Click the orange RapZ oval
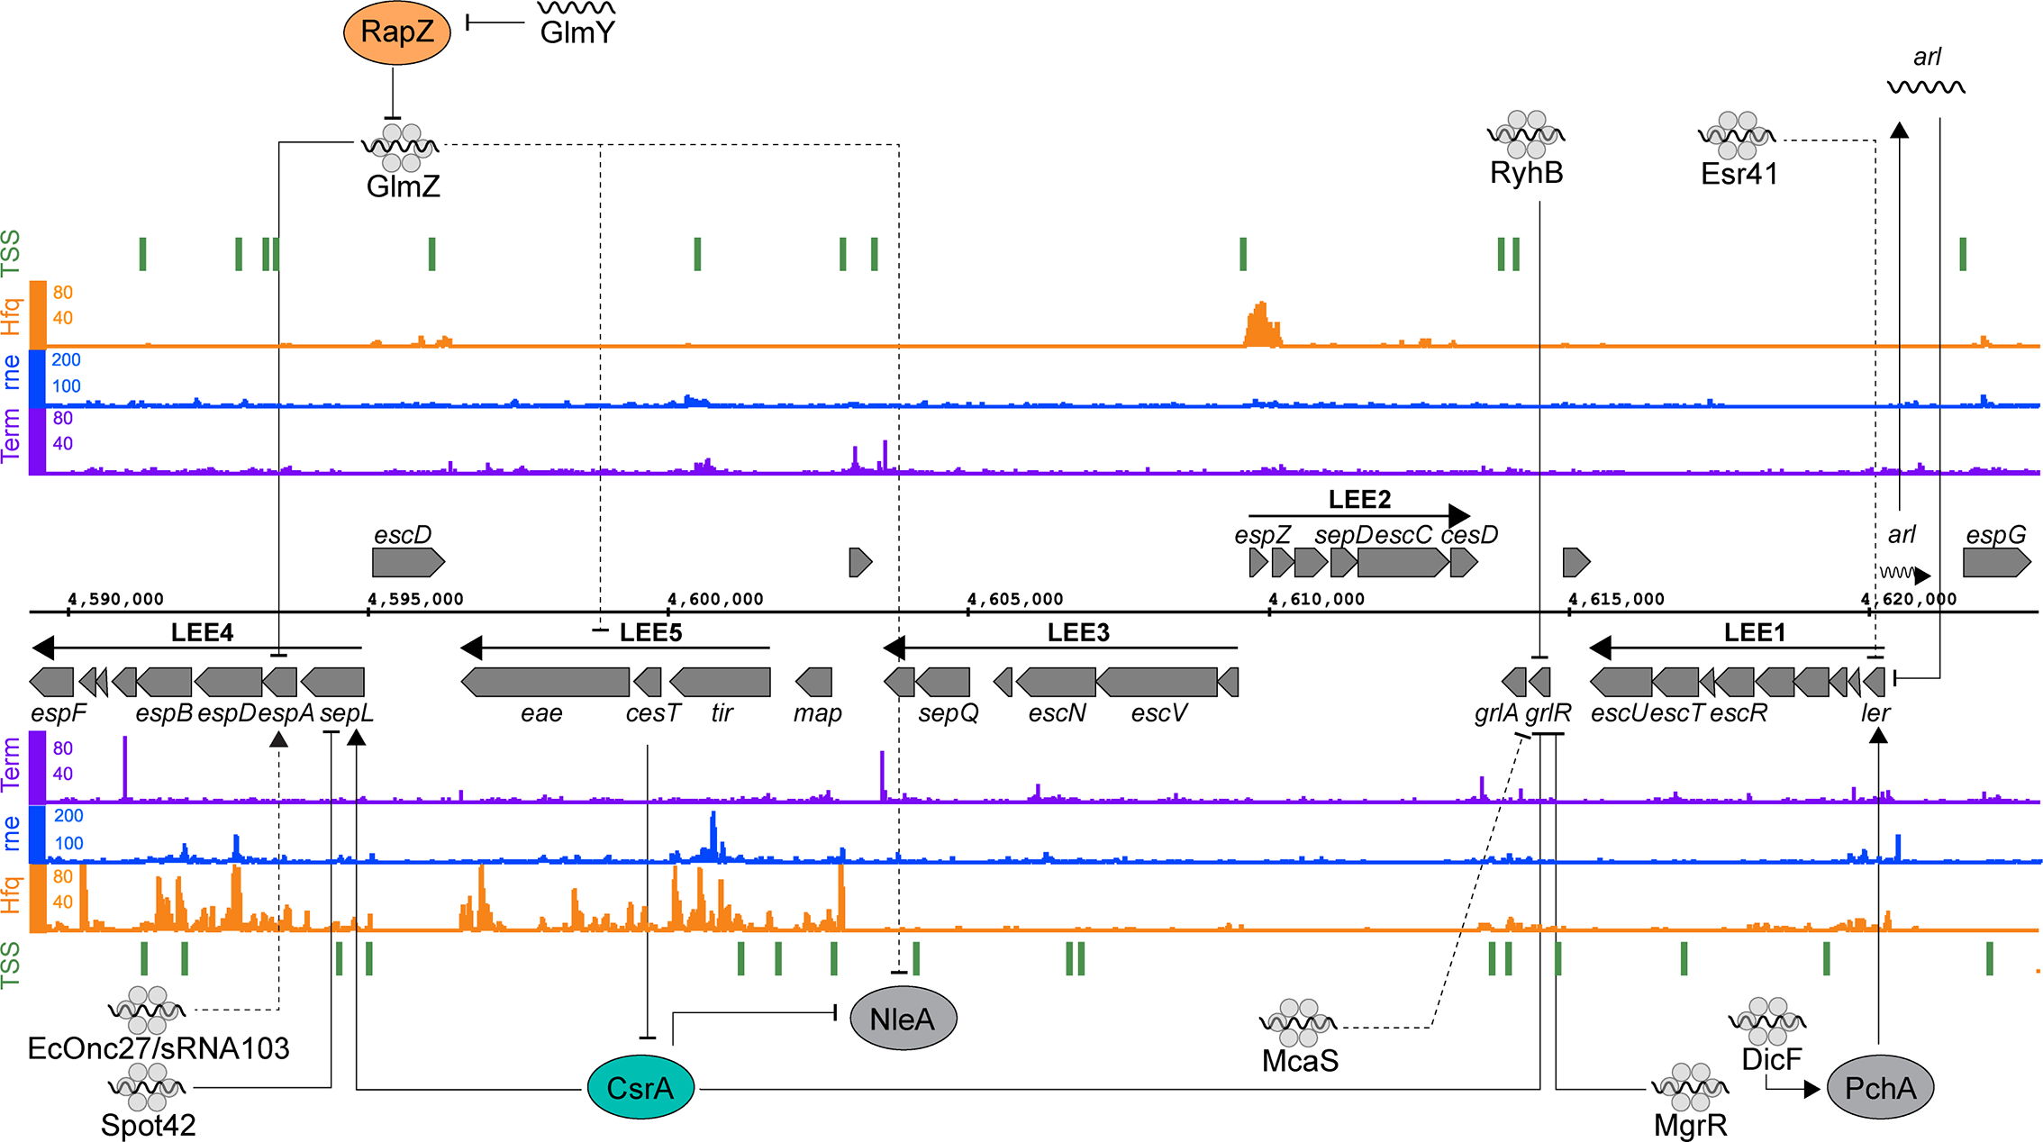point(396,32)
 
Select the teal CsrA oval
point(640,1088)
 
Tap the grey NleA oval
point(903,1019)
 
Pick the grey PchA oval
point(1880,1088)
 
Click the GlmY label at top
point(577,32)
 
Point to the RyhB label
point(1526,173)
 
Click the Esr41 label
point(1739,174)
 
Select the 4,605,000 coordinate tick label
point(1015,599)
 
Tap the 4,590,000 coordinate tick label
point(115,599)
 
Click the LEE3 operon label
point(1077,632)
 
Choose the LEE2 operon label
point(1359,499)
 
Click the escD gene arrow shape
point(408,563)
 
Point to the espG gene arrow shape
point(1996,563)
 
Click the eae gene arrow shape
point(546,682)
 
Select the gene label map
point(817,713)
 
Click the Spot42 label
point(148,1125)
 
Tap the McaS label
point(1300,1061)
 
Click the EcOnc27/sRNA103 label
point(159,1048)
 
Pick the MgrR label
point(1690,1125)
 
